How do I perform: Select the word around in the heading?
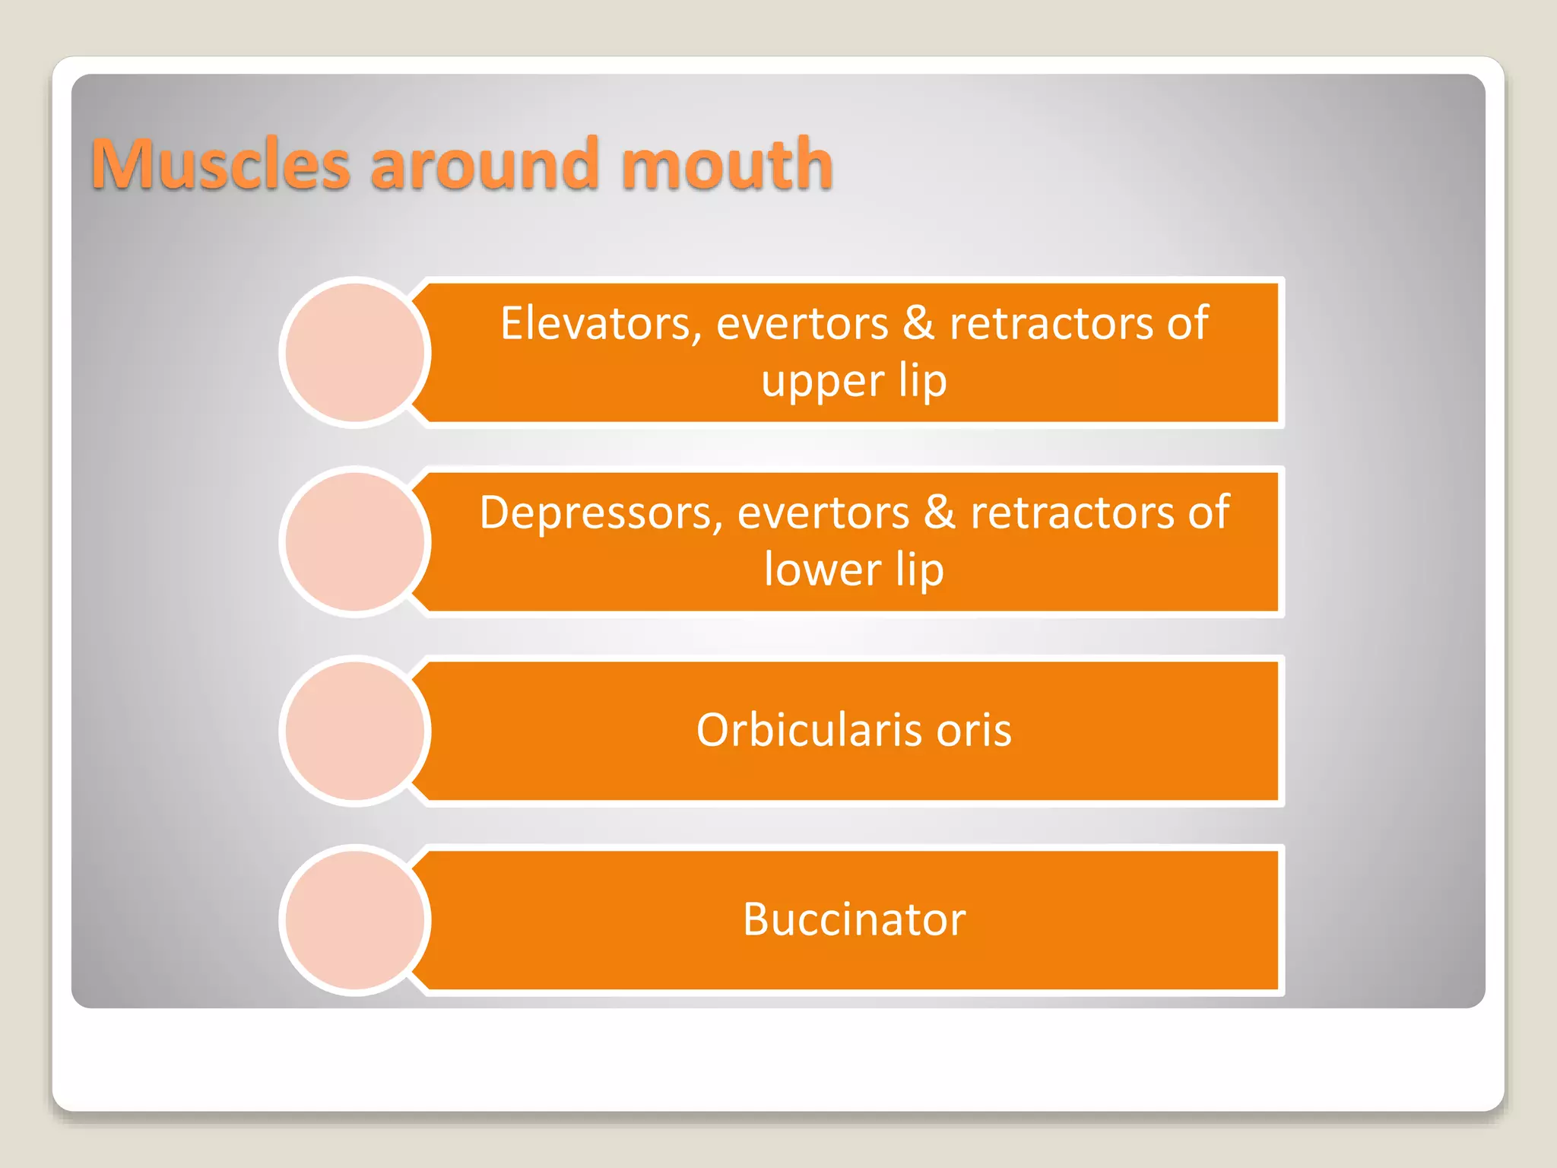[484, 165]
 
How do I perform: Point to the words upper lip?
[854, 381]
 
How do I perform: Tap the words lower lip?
[854, 570]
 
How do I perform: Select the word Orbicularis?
[808, 730]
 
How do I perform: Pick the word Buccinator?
[854, 919]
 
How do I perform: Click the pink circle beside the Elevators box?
[355, 352]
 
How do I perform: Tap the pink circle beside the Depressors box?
[355, 541]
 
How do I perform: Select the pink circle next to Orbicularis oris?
[355, 731]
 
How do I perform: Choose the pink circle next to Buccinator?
[355, 920]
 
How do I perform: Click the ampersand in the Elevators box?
[918, 323]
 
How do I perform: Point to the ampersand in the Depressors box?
[939, 513]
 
